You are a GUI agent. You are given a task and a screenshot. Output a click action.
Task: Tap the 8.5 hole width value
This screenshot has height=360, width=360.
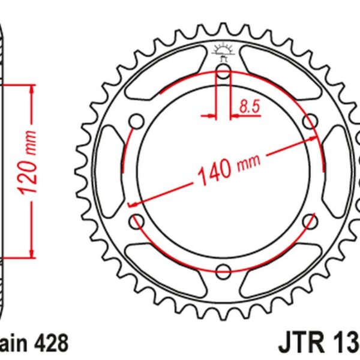coord(249,107)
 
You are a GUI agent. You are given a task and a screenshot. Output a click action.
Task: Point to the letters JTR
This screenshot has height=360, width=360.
coord(301,344)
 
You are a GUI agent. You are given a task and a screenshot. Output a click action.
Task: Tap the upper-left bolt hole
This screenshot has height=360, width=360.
coord(136,122)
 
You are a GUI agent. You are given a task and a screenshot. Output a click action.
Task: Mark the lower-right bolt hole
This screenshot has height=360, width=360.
coord(310,221)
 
